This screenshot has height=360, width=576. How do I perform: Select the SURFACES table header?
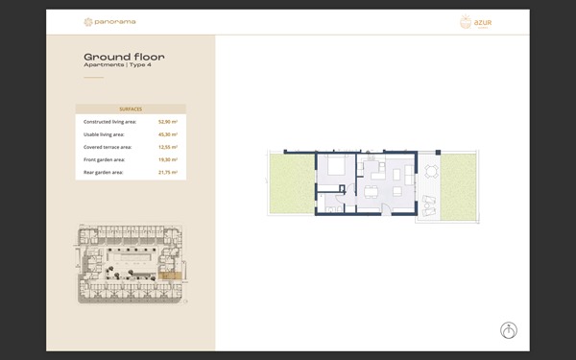coord(131,109)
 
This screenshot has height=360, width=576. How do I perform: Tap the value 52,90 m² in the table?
coord(168,122)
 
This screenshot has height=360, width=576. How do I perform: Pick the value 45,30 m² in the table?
coord(168,134)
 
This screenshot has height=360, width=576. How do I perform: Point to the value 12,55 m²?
coord(168,147)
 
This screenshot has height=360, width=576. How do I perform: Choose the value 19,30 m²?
coord(168,159)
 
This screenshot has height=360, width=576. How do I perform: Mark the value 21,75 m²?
coord(168,172)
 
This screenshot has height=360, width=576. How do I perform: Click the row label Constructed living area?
coord(109,122)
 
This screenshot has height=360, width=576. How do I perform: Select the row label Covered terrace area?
coord(108,147)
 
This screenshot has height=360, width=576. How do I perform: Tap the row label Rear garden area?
coord(104,172)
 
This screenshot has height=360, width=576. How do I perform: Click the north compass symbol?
coord(509,330)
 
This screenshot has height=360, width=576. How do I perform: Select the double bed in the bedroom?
coord(337,168)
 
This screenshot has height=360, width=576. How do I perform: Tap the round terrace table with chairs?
coord(430,173)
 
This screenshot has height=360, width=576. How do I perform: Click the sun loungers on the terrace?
coord(428,201)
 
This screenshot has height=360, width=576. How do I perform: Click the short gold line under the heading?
coord(93,77)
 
